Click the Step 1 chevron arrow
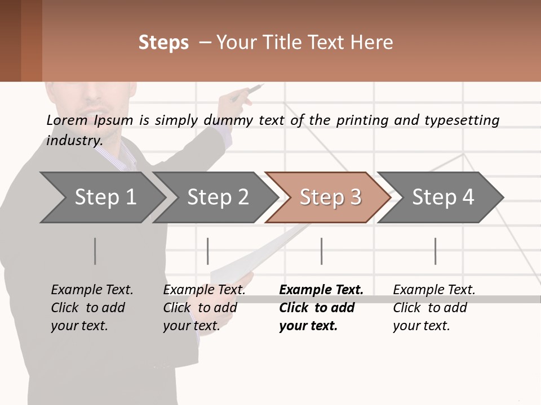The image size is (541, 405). [x=101, y=197]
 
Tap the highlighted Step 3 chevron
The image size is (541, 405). [x=329, y=197]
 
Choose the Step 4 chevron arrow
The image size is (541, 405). [x=441, y=197]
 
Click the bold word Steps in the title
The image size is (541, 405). [x=163, y=43]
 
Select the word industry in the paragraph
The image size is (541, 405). [x=74, y=140]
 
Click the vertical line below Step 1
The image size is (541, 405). [x=95, y=251]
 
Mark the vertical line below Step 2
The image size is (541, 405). [x=208, y=251]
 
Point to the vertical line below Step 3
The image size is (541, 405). [x=322, y=251]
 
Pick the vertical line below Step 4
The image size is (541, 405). [x=436, y=251]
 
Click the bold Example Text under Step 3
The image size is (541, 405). [x=321, y=290]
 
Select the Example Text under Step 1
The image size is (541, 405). [x=92, y=290]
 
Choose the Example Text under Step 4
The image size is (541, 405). [x=434, y=290]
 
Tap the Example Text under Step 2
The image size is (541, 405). [x=204, y=290]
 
